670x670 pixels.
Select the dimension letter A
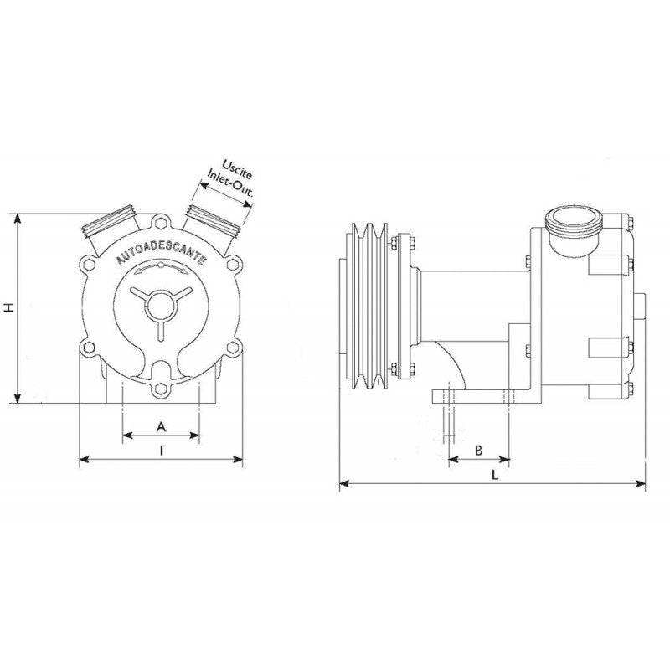click(x=162, y=426)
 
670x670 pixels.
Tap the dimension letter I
click(x=161, y=451)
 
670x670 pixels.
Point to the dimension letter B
click(x=478, y=450)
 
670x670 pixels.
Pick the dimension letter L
click(x=495, y=474)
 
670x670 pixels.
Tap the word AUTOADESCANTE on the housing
click(x=160, y=251)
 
